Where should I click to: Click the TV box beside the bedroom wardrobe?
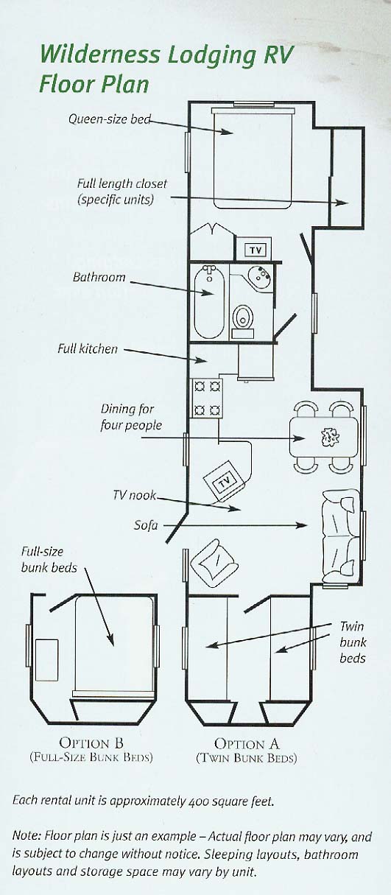[x=256, y=250]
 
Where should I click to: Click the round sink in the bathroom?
[x=260, y=275]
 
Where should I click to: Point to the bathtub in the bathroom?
[x=209, y=302]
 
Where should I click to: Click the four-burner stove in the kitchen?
[x=207, y=398]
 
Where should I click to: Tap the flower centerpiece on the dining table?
[x=330, y=438]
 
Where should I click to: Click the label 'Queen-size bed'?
[x=110, y=119]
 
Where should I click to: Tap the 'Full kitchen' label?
[x=88, y=349]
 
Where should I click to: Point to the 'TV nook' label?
[x=134, y=495]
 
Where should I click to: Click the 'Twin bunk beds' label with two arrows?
[x=353, y=642]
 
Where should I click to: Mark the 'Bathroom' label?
[x=99, y=277]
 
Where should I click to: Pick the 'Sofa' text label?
[x=146, y=524]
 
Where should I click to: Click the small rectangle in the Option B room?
[x=46, y=660]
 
